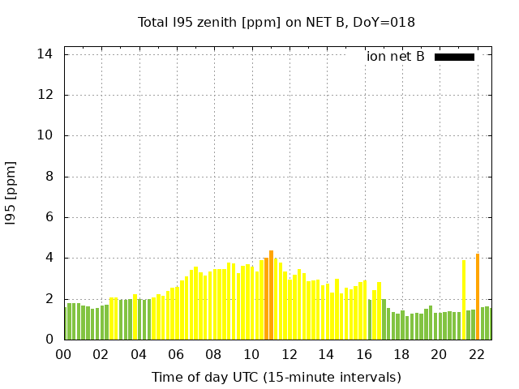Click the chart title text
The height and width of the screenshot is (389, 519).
277,22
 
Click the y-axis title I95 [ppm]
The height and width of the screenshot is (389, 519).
11,192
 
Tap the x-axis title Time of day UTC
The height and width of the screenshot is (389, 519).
277,377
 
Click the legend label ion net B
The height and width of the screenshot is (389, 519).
396,57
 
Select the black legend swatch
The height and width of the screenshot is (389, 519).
454,57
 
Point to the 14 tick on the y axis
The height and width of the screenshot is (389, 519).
45,54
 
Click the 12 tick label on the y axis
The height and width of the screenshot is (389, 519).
45,95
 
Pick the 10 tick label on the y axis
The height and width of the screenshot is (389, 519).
45,135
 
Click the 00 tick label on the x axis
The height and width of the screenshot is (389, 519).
63,354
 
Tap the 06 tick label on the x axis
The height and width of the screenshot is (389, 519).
176,354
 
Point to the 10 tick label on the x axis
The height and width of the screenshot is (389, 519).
251,354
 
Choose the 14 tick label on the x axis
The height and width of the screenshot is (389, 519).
326,354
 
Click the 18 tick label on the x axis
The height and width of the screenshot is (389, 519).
401,354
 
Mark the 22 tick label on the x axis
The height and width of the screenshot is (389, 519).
476,354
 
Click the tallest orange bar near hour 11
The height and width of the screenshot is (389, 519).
272,296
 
